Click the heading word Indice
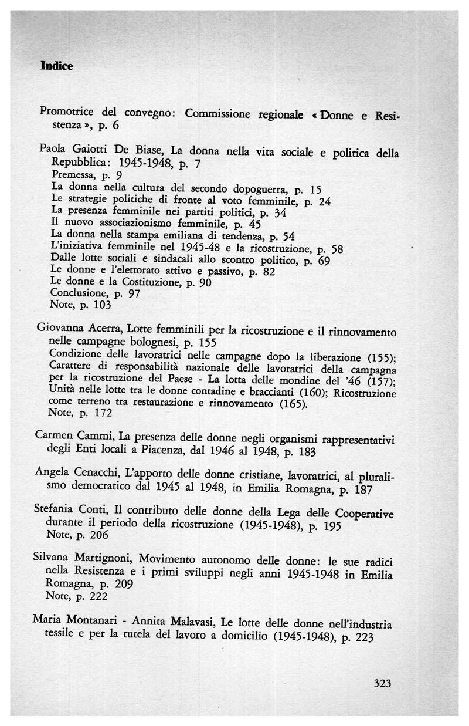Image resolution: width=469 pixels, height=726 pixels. (x=56, y=66)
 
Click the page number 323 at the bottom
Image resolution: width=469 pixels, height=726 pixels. (x=382, y=683)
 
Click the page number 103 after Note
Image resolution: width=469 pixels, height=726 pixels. (x=100, y=305)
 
